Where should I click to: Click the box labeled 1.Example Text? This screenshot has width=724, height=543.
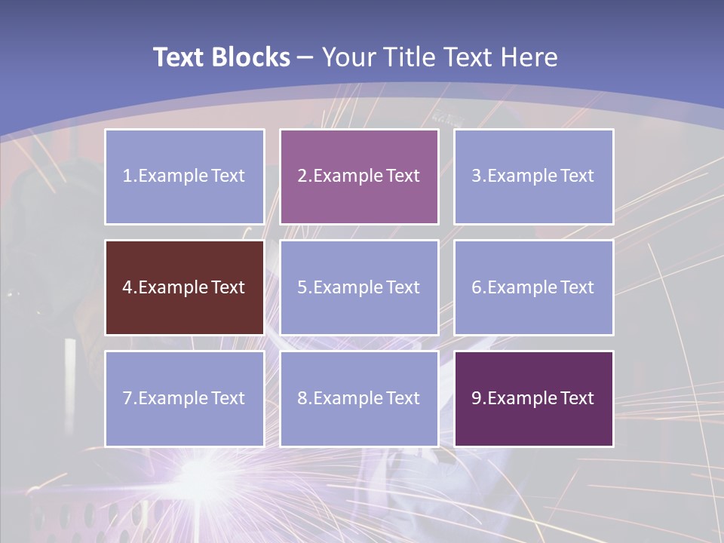click(185, 176)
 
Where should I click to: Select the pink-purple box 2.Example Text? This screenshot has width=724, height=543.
click(359, 176)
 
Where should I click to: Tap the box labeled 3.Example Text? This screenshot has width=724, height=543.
click(533, 176)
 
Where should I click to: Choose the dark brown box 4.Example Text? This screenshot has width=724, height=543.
click(185, 287)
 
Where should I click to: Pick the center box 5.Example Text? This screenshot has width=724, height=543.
click(359, 287)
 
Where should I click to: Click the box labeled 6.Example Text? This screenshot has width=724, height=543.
click(533, 287)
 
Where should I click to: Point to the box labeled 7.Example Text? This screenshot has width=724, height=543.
click(185, 398)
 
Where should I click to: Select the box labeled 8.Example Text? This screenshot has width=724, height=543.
click(359, 398)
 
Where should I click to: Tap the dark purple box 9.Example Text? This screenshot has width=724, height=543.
click(533, 398)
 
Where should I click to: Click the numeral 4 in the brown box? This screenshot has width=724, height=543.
click(127, 287)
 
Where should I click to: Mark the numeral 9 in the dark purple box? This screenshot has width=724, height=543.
click(477, 398)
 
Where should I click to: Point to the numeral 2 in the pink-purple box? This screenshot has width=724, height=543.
click(302, 176)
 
